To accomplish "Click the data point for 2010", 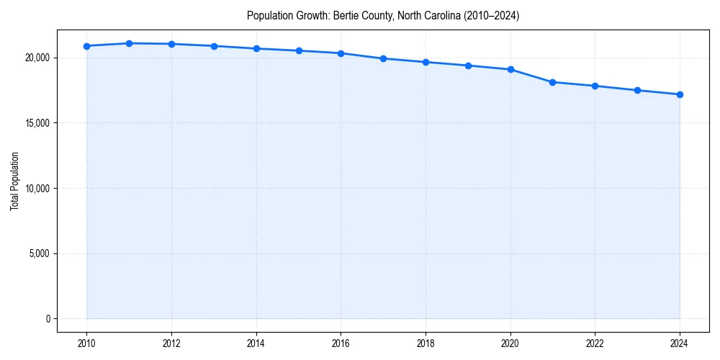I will [x=86, y=46].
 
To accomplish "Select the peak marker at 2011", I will [x=129, y=43].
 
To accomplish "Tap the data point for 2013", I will [x=214, y=46].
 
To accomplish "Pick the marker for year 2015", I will [x=299, y=50].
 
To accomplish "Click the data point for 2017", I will [x=383, y=58].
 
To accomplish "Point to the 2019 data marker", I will [x=468, y=66].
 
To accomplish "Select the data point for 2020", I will [x=510, y=69].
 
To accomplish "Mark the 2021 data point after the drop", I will [x=552, y=82].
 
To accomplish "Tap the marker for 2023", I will [x=637, y=90].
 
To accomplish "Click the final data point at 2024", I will [x=680, y=94].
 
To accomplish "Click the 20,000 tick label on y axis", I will [x=37, y=58].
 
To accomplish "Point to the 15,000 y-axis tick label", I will [x=37, y=123].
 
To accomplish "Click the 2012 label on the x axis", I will [x=171, y=343].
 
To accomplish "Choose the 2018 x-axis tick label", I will [x=426, y=343].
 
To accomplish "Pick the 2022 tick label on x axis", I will [x=595, y=343].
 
